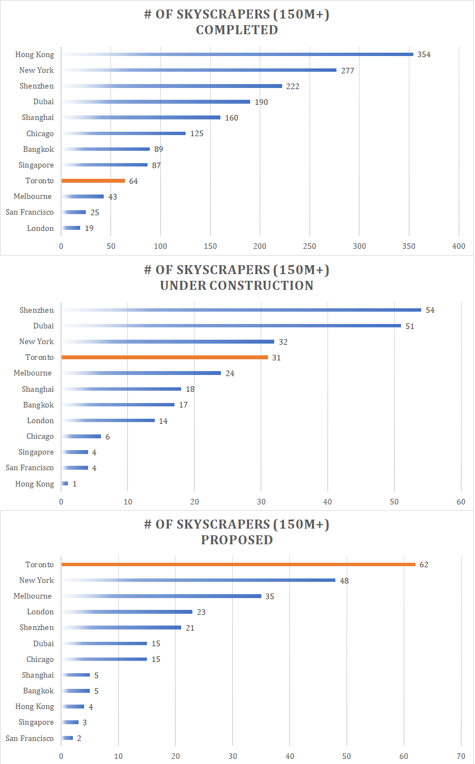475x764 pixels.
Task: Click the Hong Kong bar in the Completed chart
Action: click(237, 54)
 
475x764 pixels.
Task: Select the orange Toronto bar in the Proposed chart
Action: click(238, 564)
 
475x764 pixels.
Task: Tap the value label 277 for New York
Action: click(348, 71)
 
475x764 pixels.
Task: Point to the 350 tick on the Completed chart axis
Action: click(409, 246)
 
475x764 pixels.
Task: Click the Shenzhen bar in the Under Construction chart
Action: click(241, 310)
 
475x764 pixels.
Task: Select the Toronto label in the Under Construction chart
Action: click(40, 357)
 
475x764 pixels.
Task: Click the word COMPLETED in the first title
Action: click(237, 30)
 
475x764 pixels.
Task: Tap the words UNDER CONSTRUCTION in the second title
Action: click(237, 285)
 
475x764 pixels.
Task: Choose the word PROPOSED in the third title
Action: click(237, 540)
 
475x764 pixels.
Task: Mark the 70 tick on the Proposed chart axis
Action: click(460, 756)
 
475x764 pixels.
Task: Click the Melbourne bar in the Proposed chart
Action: click(161, 596)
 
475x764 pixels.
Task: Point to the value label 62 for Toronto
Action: click(423, 564)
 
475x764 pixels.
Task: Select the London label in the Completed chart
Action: click(40, 228)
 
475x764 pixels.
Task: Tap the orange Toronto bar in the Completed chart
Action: click(93, 180)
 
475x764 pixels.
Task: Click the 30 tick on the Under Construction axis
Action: click(261, 502)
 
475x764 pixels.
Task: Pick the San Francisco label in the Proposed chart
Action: click(30, 738)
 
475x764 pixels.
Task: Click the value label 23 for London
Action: click(201, 612)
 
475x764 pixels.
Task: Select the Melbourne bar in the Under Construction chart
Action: click(141, 373)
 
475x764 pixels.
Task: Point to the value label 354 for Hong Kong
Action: click(424, 55)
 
